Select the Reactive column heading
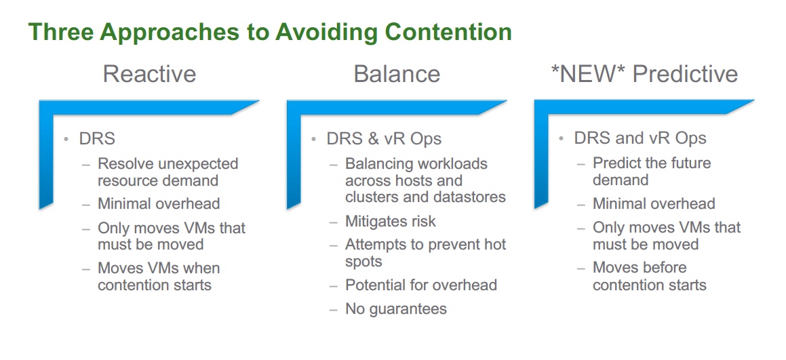pyautogui.click(x=149, y=74)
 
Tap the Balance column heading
pyautogui.click(x=397, y=74)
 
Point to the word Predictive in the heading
pyautogui.click(x=685, y=74)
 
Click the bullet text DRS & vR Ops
pyautogui.click(x=384, y=139)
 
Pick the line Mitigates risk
pyautogui.click(x=391, y=221)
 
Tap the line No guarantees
pyautogui.click(x=396, y=308)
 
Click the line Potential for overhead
pyautogui.click(x=421, y=285)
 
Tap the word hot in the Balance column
pyautogui.click(x=495, y=244)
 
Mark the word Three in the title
pyautogui.click(x=61, y=32)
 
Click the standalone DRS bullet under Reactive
pyautogui.click(x=97, y=139)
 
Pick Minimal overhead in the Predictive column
pyautogui.click(x=654, y=203)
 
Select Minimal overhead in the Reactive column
pyautogui.click(x=159, y=203)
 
